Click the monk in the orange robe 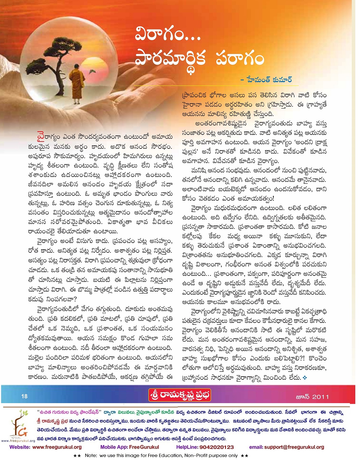(77, 84)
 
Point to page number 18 (24, 396)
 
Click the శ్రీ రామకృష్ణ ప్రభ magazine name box (179, 396)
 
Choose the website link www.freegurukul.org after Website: (57, 447)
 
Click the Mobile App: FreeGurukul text (129, 447)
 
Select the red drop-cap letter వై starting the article (41, 137)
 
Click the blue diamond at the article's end (304, 377)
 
